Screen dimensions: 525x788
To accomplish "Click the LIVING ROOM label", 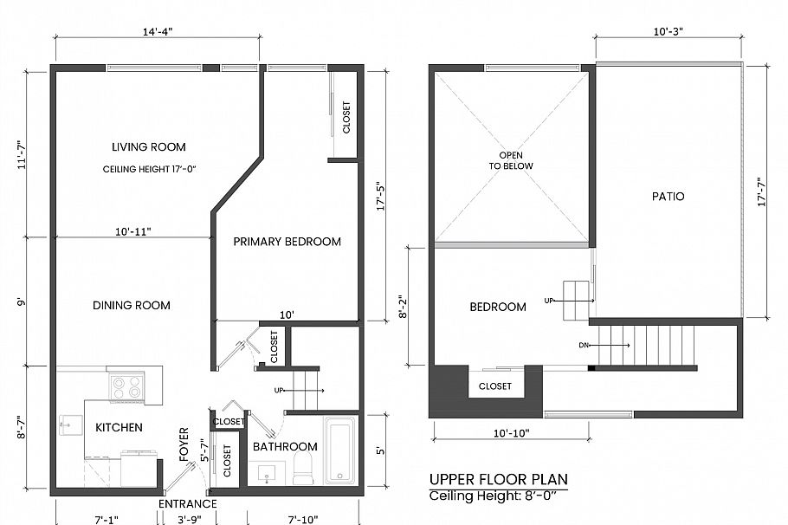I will (148, 147).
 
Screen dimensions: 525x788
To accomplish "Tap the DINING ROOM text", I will (132, 305).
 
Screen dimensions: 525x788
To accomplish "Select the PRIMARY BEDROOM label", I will (287, 242).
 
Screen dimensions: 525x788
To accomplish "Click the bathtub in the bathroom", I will (339, 449).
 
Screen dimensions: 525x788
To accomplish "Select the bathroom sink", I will (266, 473).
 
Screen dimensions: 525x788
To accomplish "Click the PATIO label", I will (668, 197).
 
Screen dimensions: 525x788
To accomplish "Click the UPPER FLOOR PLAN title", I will (499, 479).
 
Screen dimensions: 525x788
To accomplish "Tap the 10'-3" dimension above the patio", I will (668, 30).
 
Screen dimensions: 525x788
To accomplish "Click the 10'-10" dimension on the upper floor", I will (510, 431).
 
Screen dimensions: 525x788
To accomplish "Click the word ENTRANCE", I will (188, 504).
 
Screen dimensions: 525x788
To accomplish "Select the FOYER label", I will (184, 444).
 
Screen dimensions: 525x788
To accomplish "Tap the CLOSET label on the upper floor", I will (494, 386).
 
